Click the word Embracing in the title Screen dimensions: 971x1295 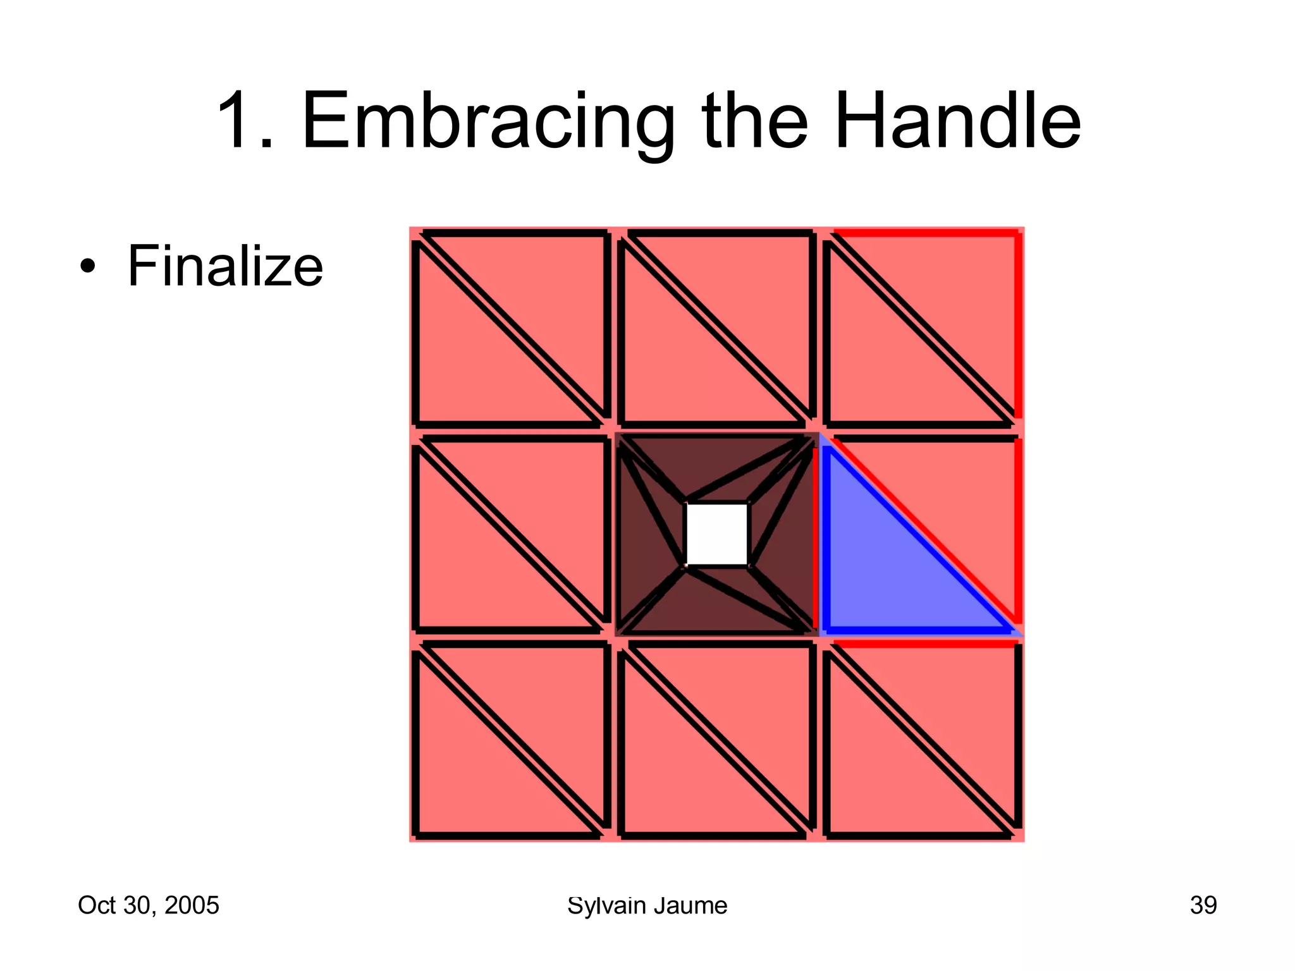tap(488, 121)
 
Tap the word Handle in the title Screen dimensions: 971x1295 tap(957, 121)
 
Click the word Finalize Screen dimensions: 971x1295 tap(225, 266)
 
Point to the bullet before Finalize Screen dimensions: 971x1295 tap(88, 266)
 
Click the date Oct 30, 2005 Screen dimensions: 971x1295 tap(148, 905)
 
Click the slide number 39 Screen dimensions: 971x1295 tap(1203, 905)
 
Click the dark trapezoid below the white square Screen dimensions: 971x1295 tap(716, 601)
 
